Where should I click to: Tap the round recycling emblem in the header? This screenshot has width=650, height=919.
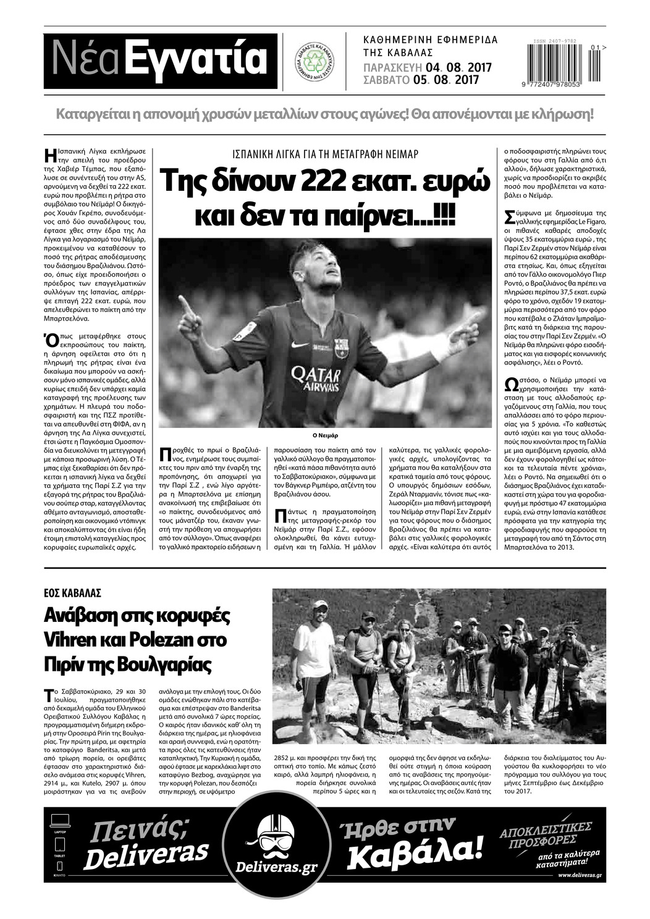tap(318, 60)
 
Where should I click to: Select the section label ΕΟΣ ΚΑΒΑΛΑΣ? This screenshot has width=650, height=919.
tap(73, 592)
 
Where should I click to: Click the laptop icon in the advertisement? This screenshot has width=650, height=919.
tap(60, 820)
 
